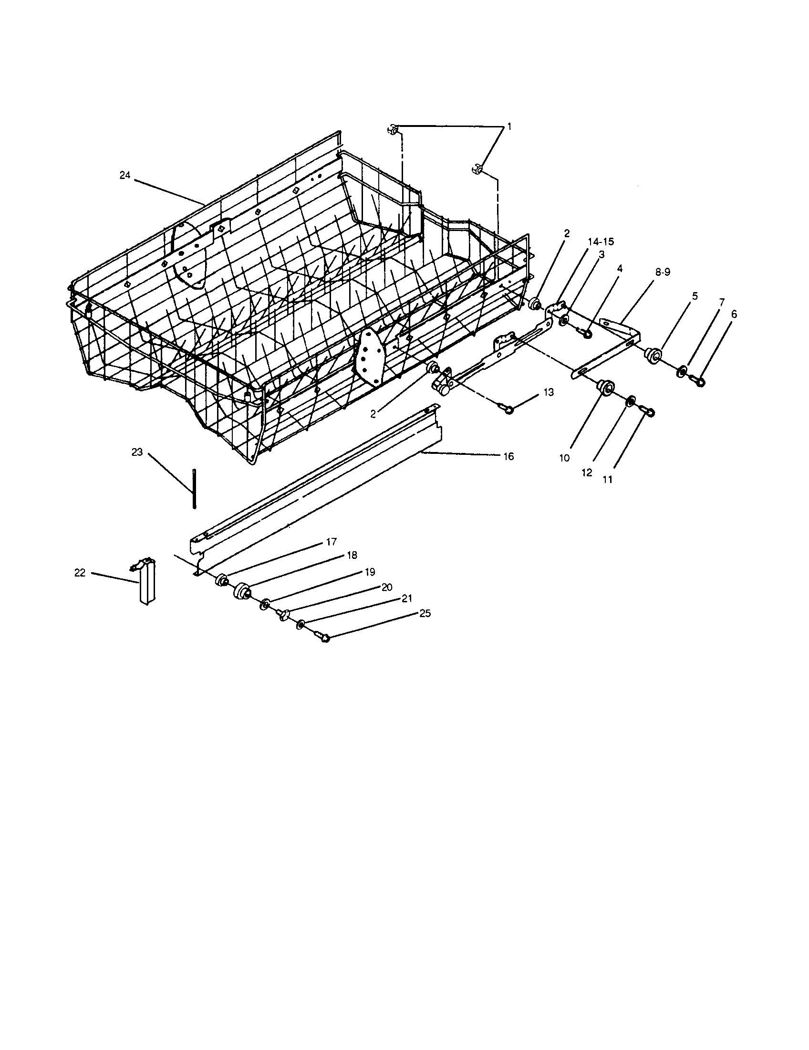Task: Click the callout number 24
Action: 124,176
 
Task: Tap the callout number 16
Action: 508,456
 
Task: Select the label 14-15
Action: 601,241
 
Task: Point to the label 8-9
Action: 662,272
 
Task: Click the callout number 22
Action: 80,573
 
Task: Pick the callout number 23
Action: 137,452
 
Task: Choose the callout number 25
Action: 425,613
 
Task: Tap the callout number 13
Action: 549,392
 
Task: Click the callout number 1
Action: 509,126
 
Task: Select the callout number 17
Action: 331,542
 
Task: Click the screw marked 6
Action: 699,382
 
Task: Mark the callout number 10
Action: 564,458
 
